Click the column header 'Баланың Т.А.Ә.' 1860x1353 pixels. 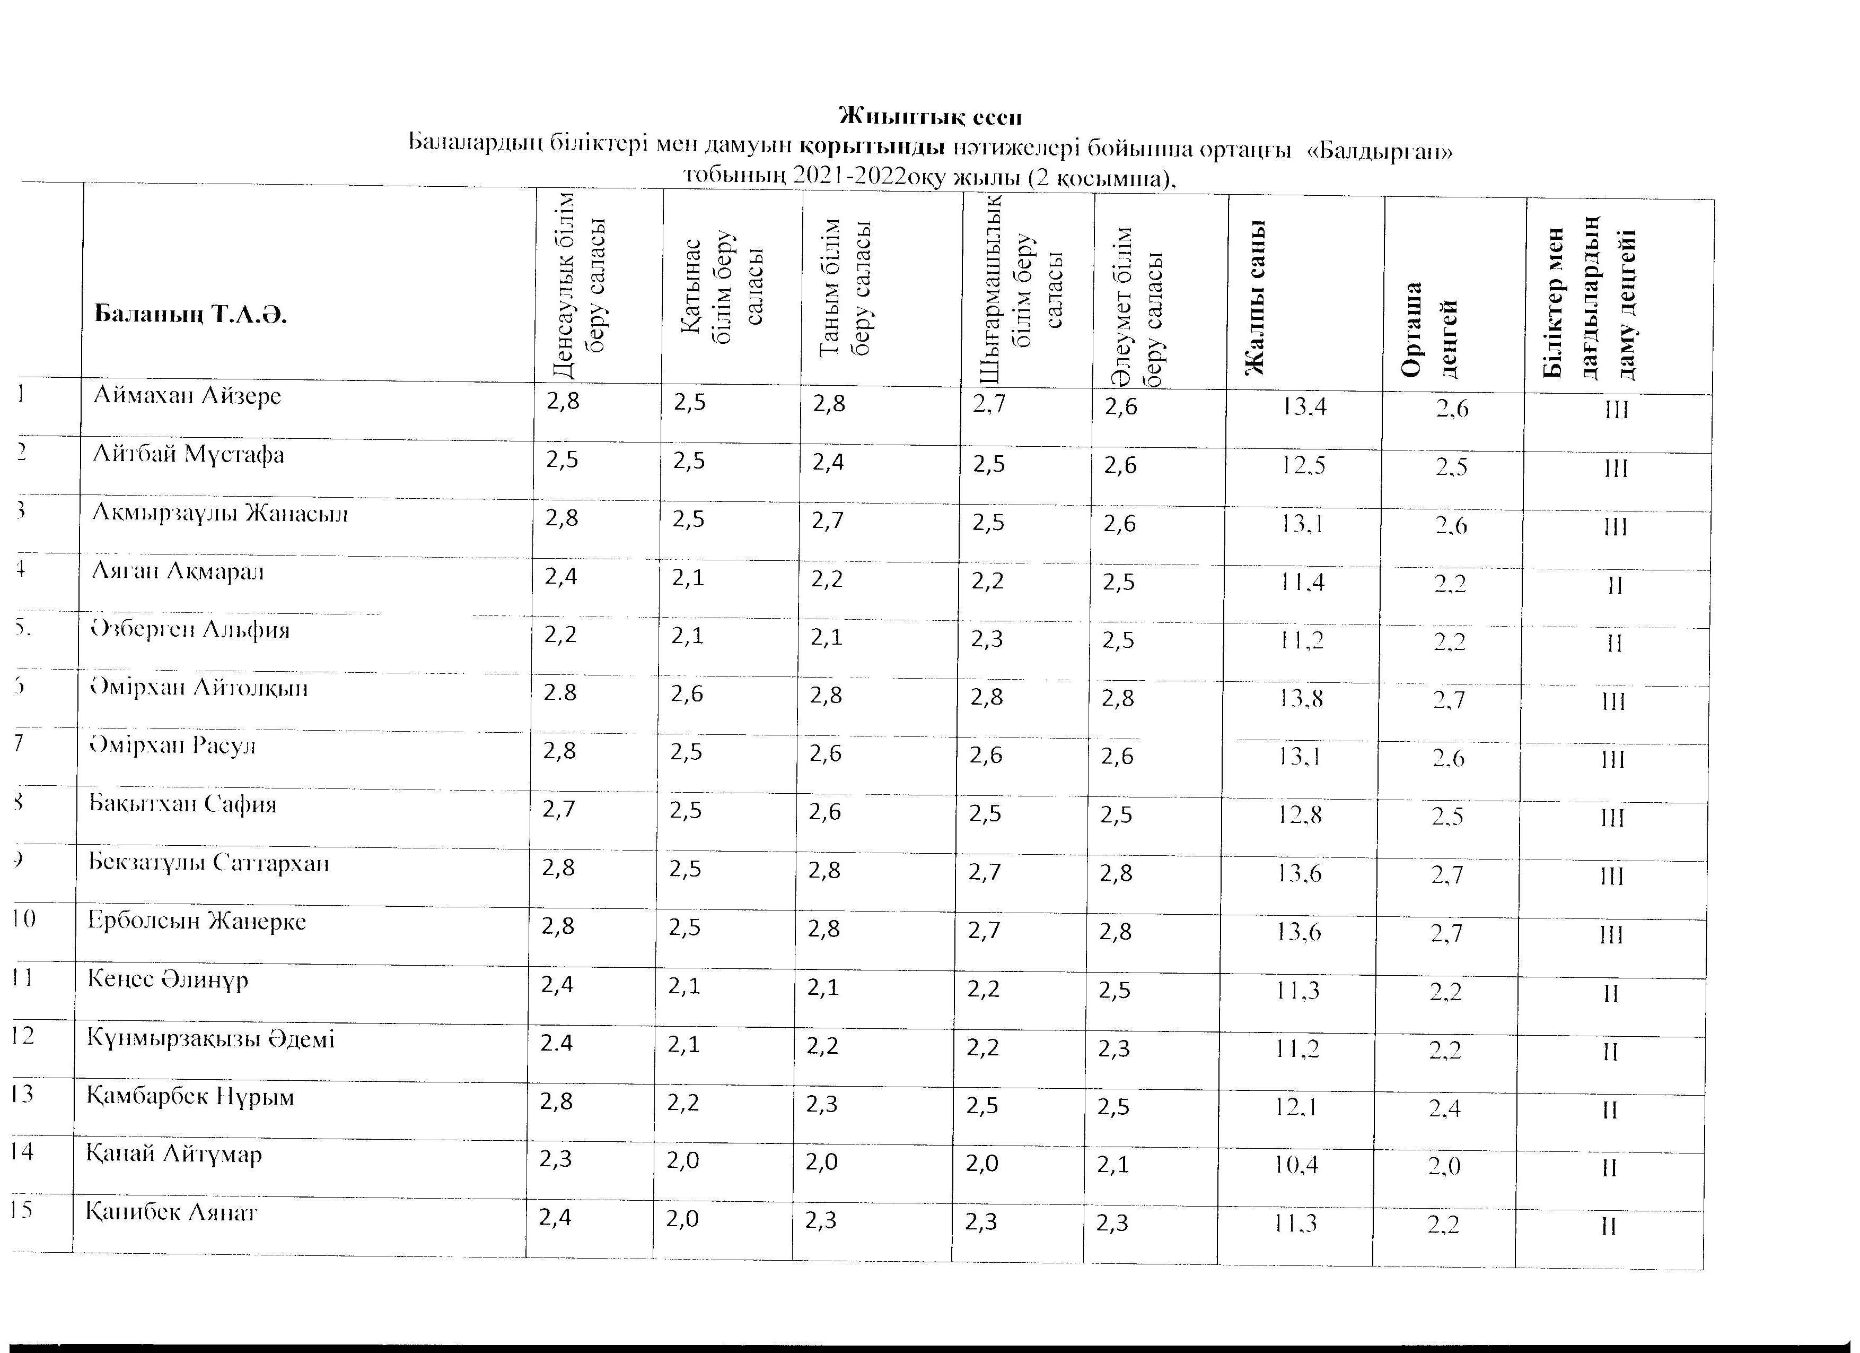pos(190,314)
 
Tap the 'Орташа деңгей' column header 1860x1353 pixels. pos(1431,328)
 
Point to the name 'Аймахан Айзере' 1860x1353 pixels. pos(187,396)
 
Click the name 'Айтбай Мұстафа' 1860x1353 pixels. pos(189,455)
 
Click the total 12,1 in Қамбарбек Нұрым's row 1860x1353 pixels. pos(1296,1108)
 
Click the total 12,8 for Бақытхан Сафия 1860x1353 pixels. pos(1300,816)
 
